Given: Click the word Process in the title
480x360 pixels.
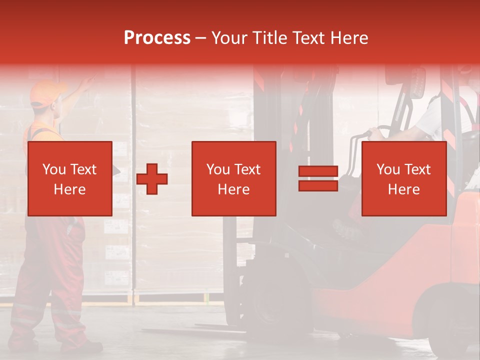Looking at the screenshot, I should [157, 38].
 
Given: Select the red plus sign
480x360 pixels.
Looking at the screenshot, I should [152, 178].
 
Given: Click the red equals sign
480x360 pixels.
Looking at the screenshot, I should [318, 178].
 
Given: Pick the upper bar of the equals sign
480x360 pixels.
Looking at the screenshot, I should [318, 171].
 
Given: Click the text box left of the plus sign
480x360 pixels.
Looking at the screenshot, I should [69, 178].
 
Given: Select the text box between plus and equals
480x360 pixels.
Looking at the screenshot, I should [233, 178].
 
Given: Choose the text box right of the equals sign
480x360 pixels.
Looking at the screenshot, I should [403, 178].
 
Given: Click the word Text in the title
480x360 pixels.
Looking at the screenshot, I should [307, 38].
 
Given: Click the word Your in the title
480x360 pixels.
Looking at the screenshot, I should [228, 38].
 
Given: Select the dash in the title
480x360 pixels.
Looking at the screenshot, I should [201, 38].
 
